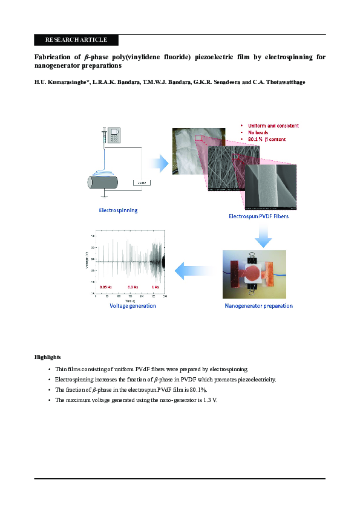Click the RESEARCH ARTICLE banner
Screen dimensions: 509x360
tap(76, 40)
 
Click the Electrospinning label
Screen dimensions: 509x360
tap(118, 210)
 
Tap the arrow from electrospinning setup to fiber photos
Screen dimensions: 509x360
tap(159, 163)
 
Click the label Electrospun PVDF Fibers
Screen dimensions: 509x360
tap(258, 216)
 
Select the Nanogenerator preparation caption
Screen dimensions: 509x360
tap(258, 306)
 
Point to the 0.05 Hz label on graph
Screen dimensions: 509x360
tap(106, 287)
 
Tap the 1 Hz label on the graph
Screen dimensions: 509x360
tap(155, 287)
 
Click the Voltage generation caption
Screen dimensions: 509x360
tap(133, 306)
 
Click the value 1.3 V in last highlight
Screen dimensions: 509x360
tap(209, 400)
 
